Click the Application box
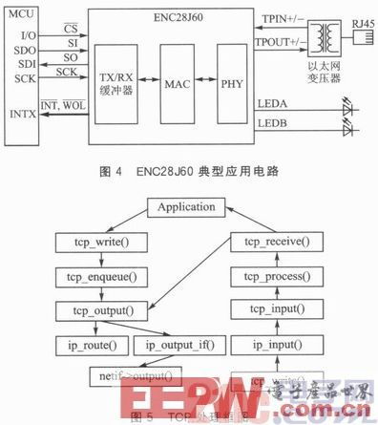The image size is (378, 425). (192, 206)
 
